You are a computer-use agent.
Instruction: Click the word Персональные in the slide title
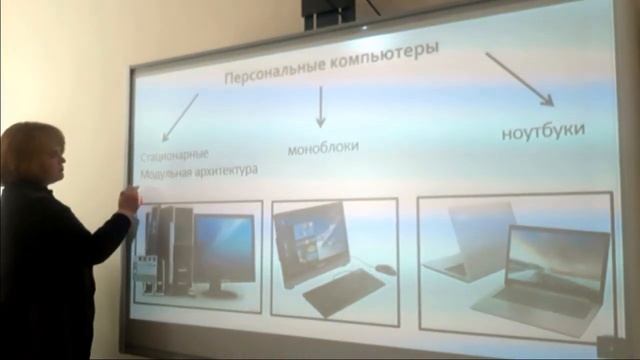click(x=263, y=77)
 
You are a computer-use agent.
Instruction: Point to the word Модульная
click(x=166, y=171)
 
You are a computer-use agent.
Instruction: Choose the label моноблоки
click(x=323, y=147)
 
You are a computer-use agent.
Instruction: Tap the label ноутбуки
click(x=543, y=131)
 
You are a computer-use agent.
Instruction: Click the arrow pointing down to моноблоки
click(x=321, y=106)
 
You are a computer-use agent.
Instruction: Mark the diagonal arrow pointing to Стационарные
click(x=180, y=116)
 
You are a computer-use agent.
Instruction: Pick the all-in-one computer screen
click(x=311, y=237)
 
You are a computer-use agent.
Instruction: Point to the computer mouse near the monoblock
click(x=386, y=269)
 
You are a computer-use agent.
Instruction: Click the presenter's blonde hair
click(x=30, y=150)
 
